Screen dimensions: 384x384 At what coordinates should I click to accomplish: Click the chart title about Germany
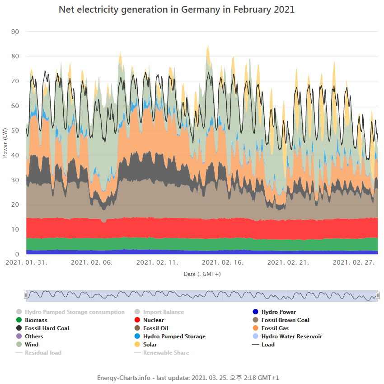tap(177, 9)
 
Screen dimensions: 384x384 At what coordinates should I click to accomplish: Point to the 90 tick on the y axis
tap(15, 32)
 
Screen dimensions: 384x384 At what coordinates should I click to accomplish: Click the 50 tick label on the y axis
tap(15, 131)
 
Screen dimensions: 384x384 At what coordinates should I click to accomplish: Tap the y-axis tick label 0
tap(17, 254)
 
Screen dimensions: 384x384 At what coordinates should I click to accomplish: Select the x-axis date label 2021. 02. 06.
tap(92, 262)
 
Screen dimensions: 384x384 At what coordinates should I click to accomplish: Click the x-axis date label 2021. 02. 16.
tap(223, 262)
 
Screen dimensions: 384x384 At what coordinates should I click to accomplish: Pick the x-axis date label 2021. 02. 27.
tap(354, 262)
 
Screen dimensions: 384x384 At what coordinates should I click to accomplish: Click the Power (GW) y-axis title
tap(5, 142)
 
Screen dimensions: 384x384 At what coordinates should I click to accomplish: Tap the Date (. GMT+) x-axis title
tap(202, 274)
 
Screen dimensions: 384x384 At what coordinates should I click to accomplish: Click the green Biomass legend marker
tap(19, 320)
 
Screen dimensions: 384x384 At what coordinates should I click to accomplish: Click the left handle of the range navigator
tap(26, 295)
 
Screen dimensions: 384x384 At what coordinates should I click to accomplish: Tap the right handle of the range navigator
tap(378, 295)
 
